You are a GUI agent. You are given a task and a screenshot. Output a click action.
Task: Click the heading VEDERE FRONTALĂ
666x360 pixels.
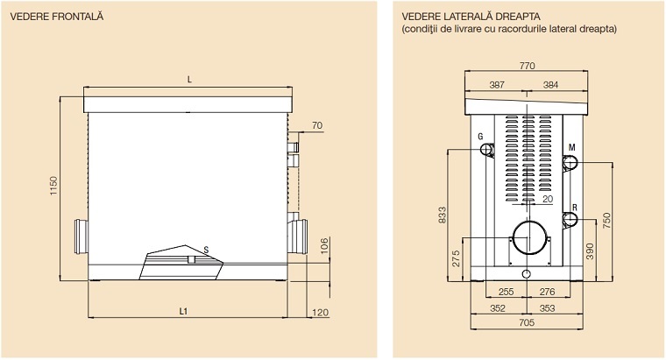[57, 17]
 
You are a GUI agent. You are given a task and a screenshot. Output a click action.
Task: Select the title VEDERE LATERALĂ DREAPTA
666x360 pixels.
[471, 17]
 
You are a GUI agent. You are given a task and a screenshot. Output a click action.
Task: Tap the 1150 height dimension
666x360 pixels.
[53, 186]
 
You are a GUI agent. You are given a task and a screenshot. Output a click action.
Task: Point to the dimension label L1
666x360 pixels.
[183, 312]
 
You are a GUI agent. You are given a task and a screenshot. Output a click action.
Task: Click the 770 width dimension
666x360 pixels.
[527, 66]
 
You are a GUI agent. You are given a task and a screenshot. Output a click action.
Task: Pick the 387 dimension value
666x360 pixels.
[497, 84]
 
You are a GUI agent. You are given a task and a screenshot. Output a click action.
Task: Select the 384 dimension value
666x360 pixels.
[550, 84]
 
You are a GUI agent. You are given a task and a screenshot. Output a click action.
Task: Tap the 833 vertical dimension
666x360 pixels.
[443, 215]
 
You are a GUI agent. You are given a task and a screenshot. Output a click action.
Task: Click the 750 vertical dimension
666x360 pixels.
[606, 221]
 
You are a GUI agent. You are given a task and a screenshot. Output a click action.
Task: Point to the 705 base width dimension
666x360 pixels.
[527, 322]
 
